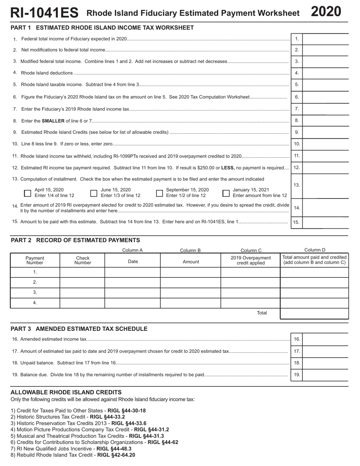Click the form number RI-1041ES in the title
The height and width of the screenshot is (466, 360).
click(44, 13)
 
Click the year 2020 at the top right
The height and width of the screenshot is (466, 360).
click(326, 12)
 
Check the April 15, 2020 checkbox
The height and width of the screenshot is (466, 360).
click(28, 193)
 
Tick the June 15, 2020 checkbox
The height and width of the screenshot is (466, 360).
click(94, 193)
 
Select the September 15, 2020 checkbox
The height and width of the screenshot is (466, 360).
click(160, 193)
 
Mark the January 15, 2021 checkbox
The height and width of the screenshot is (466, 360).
click(226, 193)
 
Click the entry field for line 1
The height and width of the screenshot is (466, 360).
click(325, 39)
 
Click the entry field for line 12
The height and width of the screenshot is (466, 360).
click(325, 168)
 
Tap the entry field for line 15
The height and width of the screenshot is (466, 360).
click(325, 222)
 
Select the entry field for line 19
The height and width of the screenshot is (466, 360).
click(325, 375)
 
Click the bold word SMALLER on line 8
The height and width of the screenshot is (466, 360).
click(53, 121)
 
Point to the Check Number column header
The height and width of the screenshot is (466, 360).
click(83, 260)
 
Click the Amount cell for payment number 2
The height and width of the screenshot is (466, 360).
click(191, 282)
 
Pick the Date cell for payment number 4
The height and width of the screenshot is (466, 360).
click(133, 303)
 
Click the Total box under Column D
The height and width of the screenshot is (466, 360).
click(314, 314)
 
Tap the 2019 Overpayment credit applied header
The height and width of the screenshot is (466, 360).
click(250, 260)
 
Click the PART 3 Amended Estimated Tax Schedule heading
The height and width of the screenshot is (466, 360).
click(79, 329)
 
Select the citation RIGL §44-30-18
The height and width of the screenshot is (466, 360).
click(127, 411)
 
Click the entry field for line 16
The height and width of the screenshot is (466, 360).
click(325, 339)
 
